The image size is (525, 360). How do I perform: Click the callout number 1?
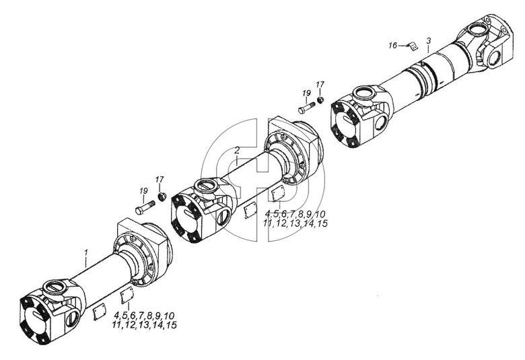coord(86,252)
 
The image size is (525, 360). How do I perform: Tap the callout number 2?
coord(237,150)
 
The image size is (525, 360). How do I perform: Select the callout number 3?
coord(429,41)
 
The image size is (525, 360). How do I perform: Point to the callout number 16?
coord(392,45)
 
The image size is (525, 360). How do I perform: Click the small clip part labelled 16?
coord(413,46)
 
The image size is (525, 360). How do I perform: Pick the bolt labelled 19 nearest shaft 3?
coord(306,108)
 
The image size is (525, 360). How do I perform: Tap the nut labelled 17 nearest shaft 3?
coord(320,100)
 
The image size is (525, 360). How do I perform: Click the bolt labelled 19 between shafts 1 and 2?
coord(145,207)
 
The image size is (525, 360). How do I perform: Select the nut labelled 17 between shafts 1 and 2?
coord(162,197)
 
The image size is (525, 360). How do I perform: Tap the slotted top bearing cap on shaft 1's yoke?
coord(55,287)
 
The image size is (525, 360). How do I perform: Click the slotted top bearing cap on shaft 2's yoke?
coord(206,186)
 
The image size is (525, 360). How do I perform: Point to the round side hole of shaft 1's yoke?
coord(72,319)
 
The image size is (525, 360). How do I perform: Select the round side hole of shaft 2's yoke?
coord(223,217)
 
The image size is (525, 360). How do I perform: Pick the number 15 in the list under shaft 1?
coord(172,325)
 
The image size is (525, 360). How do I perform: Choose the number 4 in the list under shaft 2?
coord(267,214)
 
